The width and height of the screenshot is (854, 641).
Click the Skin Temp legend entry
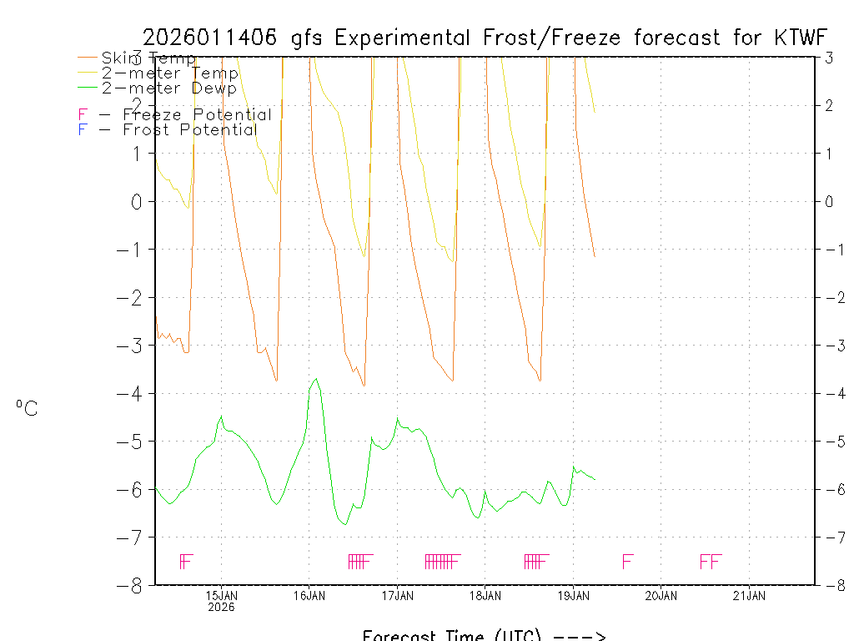tap(148, 58)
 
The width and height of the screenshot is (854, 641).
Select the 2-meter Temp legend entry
tap(169, 73)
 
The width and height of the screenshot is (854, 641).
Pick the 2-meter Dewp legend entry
tap(168, 88)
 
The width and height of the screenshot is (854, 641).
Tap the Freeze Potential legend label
tap(197, 115)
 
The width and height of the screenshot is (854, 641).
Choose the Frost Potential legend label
tap(189, 130)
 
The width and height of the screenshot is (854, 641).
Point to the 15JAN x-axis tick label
tap(221, 595)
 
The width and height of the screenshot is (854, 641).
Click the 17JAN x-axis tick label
tap(398, 595)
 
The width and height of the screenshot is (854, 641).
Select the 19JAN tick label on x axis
tap(574, 595)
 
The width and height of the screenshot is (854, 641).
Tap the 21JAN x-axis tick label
tap(750, 595)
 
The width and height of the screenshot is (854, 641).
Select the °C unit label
tap(27, 408)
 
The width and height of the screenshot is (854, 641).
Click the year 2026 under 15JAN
tap(221, 607)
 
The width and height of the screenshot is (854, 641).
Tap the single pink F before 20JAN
tap(628, 561)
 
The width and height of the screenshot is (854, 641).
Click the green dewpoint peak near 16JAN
tap(315, 379)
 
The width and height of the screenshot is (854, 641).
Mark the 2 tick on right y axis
tap(830, 105)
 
